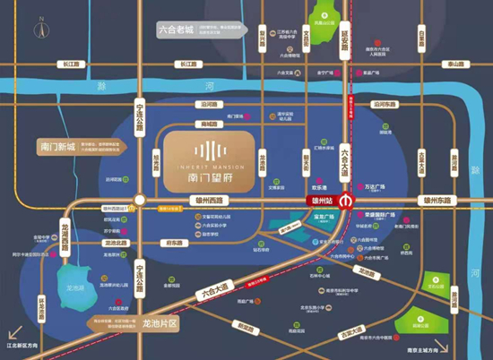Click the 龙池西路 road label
tap(64, 225)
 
